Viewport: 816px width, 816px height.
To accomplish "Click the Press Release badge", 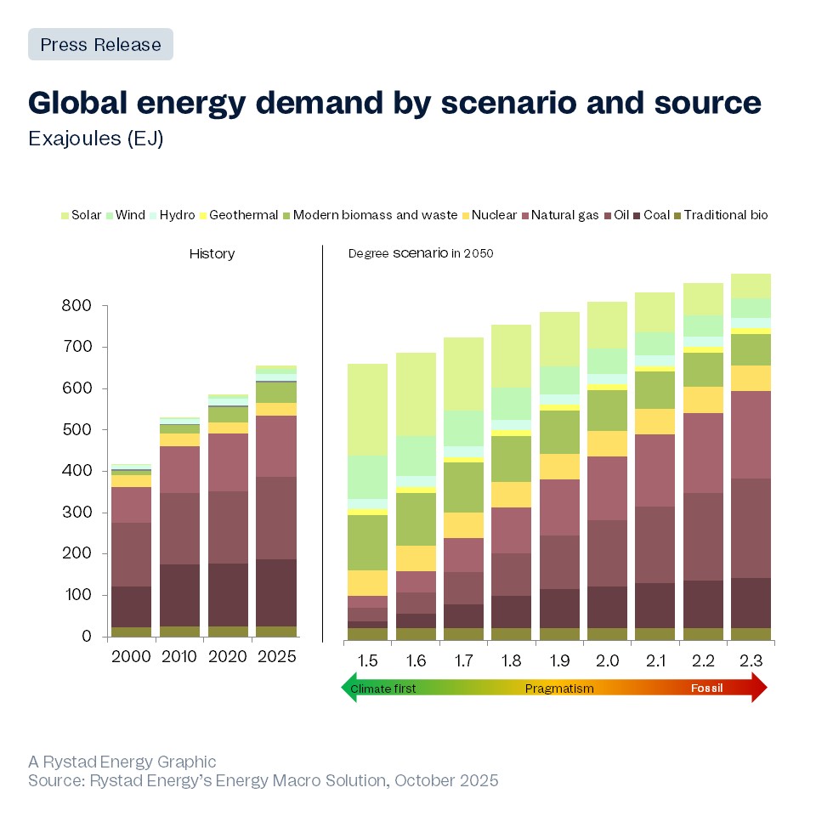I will [100, 44].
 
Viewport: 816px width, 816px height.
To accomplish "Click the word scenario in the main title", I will [501, 102].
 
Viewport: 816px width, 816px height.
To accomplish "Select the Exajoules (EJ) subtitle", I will [95, 139].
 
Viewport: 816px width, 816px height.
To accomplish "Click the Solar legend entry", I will [81, 215].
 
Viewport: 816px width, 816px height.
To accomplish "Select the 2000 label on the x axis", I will [131, 657].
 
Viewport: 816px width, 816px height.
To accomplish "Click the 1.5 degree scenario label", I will [367, 660].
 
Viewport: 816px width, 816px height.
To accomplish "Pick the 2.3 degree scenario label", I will [751, 660].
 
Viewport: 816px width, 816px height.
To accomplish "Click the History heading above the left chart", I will [212, 254].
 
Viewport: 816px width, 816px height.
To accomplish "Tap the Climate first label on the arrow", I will [383, 688].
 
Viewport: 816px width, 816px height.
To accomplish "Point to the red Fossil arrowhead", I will [759, 688].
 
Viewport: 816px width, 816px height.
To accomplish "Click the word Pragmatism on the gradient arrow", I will [559, 688].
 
